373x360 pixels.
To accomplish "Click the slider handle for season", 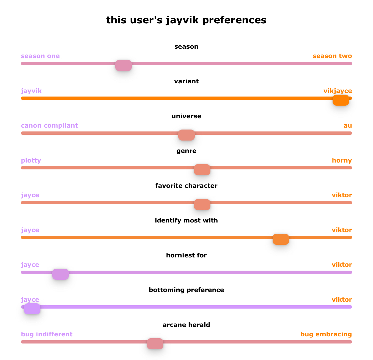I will click(124, 65).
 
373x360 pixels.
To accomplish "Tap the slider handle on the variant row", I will click(341, 100).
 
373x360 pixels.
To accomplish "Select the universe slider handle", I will click(186, 135).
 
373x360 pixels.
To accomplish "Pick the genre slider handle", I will click(202, 170).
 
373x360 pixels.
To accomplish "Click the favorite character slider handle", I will click(202, 205).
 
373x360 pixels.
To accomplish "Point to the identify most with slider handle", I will click(281, 239).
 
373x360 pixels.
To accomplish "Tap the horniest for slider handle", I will click(61, 274).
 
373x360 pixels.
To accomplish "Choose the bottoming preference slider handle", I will click(32, 309).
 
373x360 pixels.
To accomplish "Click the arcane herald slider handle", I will click(155, 344).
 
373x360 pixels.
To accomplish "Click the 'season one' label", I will click(40, 56).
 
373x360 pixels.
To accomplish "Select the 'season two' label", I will click(332, 56).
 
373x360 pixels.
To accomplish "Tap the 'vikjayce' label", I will click(338, 91).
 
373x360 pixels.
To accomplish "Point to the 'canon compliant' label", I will click(49, 126).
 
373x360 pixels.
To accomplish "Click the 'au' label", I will click(348, 126).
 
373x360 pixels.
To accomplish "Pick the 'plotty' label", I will click(31, 161).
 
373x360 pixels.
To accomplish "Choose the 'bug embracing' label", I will click(326, 334).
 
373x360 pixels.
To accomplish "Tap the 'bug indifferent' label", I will click(46, 334).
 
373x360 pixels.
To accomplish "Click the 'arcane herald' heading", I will click(186, 325).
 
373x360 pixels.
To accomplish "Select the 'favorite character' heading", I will click(186, 186).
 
